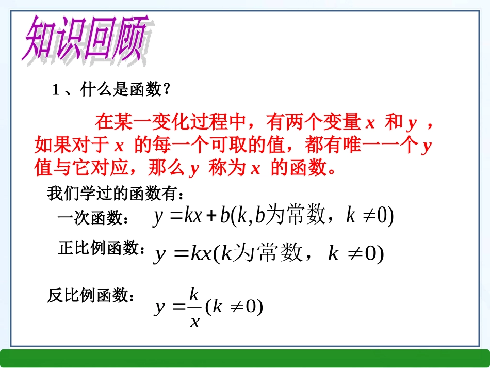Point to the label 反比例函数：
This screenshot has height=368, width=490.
coord(93,296)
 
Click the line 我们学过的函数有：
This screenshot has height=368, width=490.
coord(116,195)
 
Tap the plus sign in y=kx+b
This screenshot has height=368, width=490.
coord(210,216)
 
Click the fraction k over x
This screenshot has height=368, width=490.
coord(194,308)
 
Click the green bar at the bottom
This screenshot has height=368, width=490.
coord(245,358)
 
